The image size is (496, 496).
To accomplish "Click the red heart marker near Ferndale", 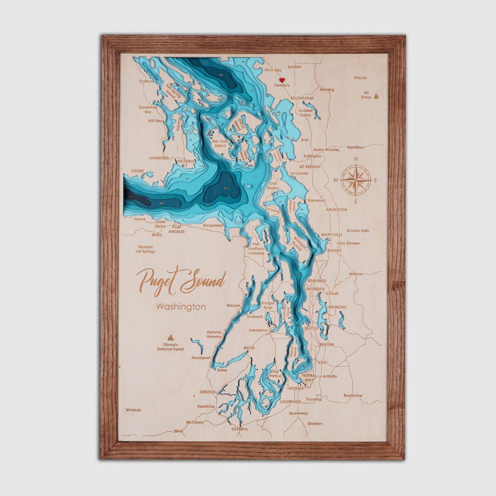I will (282, 80).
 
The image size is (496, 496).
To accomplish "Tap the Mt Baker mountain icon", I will (376, 96).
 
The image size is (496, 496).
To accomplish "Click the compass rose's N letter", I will (356, 159).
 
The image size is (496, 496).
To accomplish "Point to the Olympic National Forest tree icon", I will (171, 338).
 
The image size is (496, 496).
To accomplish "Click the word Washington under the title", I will (181, 307).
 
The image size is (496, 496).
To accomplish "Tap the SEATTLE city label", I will (311, 328).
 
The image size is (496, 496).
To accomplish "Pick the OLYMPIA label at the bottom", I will (239, 429).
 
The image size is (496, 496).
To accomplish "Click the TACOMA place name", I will (295, 388).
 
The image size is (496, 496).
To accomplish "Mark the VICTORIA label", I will (186, 162).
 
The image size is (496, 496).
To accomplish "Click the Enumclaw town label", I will (353, 395).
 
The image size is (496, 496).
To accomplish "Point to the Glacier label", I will (361, 78).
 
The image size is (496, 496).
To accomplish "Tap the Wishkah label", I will (133, 410).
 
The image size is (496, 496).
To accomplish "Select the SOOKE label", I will (137, 171).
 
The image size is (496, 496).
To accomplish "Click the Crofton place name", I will (146, 81).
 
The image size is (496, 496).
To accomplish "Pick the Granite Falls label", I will (357, 231).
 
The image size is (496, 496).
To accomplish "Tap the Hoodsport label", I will (201, 357).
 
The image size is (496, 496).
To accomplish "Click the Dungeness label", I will (212, 225).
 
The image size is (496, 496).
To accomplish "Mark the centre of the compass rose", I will (356, 180).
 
